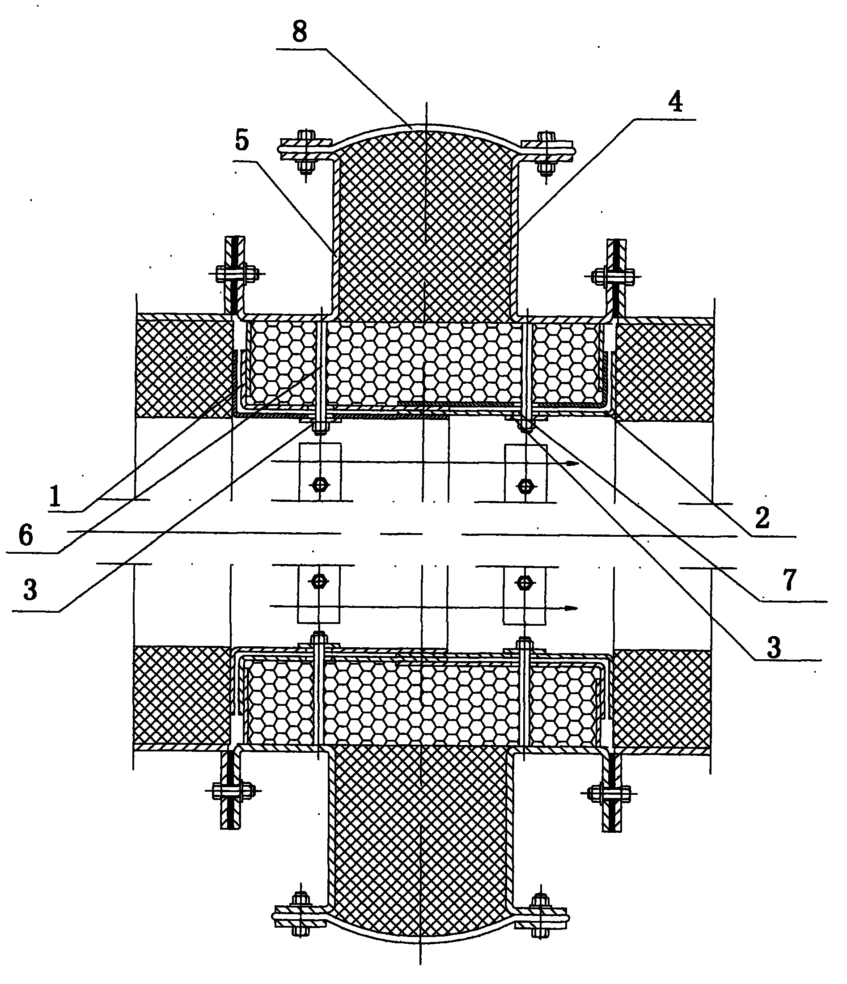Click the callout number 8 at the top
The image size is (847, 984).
tap(300, 32)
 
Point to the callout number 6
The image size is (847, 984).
tap(26, 535)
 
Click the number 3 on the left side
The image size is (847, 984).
tap(30, 590)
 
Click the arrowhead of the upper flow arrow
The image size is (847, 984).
tap(572, 463)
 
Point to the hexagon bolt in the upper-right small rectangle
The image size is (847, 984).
tap(525, 485)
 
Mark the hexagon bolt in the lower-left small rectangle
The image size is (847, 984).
tap(319, 581)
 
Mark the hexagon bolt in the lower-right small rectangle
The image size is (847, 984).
tap(524, 582)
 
